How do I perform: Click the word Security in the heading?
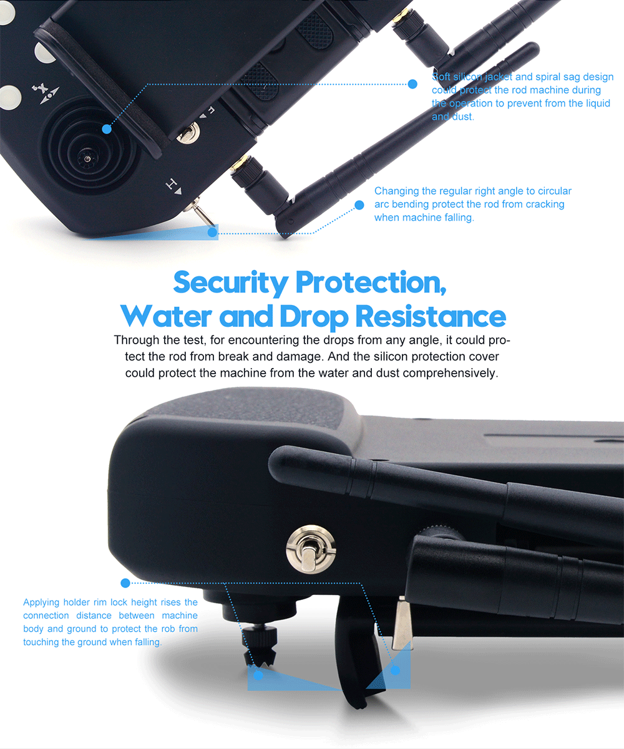pos(230,283)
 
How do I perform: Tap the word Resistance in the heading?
pos(431,316)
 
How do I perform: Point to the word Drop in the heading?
pos(313,317)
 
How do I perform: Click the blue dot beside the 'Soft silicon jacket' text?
pos(412,84)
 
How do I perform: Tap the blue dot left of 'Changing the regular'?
pos(359,205)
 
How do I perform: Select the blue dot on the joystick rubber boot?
pos(107,129)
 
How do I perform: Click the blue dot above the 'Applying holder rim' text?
pos(125,583)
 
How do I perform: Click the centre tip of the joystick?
pos(87,158)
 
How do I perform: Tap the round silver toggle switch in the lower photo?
pos(311,549)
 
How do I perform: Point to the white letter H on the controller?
pos(172,184)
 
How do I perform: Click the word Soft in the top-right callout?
pos(441,77)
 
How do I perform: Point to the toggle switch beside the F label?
pos(188,133)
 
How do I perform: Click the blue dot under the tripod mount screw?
pos(258,675)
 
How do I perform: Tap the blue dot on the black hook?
pos(395,670)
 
